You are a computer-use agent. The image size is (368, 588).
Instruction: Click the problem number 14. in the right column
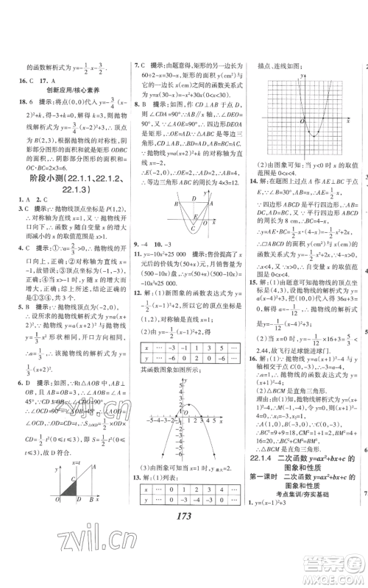click(252, 179)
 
